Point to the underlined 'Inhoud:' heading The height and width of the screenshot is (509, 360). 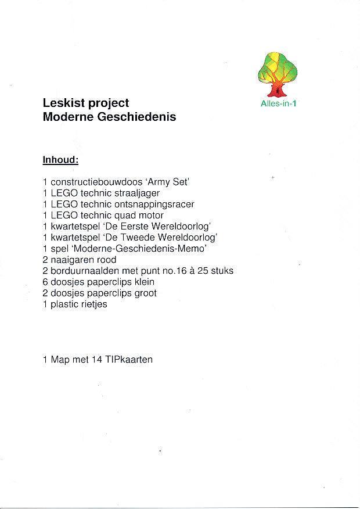point(60,159)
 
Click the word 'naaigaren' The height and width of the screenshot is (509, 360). point(70,260)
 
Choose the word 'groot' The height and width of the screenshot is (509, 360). point(146,293)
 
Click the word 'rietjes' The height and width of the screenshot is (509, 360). point(95,304)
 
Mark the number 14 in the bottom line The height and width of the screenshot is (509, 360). point(97,360)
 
